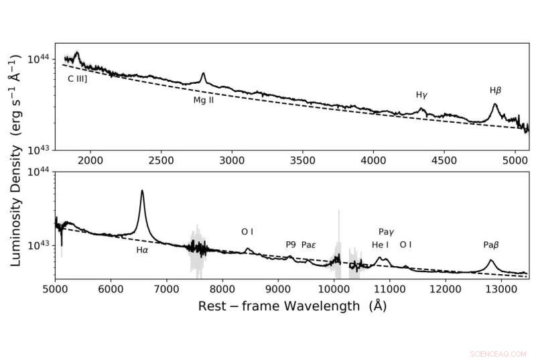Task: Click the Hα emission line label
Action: [x=142, y=250]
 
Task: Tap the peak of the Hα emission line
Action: [x=142, y=191]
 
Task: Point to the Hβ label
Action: [x=496, y=89]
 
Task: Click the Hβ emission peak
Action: [x=495, y=104]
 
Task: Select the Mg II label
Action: [x=203, y=101]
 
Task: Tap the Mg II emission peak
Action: [x=203, y=74]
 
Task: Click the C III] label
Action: [x=78, y=78]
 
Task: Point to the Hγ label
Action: [x=421, y=95]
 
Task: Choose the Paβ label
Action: [x=491, y=245]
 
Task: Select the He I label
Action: [x=380, y=245]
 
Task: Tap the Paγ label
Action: [x=387, y=231]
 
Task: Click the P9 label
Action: [x=291, y=245]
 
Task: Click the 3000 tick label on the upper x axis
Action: [x=232, y=161]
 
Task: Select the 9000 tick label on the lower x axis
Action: [x=277, y=290]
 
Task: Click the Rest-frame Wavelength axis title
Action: [x=292, y=306]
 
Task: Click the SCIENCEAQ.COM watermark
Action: [x=499, y=351]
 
